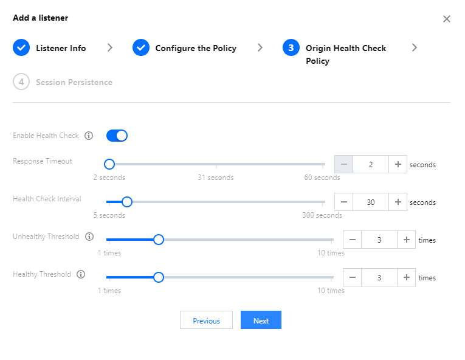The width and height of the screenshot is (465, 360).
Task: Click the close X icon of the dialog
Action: point(447,19)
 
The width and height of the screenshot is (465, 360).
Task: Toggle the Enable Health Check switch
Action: point(117,136)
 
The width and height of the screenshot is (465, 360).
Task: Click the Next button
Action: point(261,320)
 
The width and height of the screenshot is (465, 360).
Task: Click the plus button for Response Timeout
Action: point(398,164)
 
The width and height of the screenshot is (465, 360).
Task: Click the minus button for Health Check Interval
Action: point(343,202)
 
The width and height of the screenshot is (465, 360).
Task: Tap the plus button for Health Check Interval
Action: point(398,202)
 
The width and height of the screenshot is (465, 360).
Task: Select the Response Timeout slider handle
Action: point(109,164)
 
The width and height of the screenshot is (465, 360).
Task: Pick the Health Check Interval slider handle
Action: point(127,202)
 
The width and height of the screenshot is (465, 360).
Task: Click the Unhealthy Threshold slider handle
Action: point(159,240)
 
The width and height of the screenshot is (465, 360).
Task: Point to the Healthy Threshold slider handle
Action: point(159,277)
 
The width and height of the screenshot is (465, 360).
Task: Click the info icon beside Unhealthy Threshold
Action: point(89,237)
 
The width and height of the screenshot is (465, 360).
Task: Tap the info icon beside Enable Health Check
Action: point(89,136)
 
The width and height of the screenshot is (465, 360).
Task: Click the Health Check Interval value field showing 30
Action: point(371,202)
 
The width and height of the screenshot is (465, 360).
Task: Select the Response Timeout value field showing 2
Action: point(371,164)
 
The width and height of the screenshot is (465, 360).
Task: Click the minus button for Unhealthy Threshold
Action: point(353,240)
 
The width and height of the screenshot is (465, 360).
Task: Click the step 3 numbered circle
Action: point(291,47)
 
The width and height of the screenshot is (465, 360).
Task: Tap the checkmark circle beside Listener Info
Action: point(21,47)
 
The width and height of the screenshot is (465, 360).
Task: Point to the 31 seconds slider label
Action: point(216,178)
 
